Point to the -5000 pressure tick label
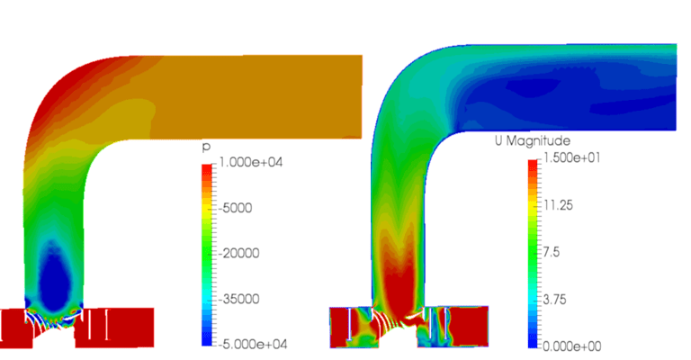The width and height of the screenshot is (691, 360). click(x=236, y=208)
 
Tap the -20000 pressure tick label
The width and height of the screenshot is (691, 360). click(x=239, y=253)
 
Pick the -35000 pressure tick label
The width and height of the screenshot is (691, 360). click(x=239, y=298)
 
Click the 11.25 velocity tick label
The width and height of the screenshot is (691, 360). click(x=555, y=206)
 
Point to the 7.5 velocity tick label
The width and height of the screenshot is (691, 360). click(x=550, y=252)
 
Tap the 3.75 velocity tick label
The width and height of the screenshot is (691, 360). click(x=552, y=297)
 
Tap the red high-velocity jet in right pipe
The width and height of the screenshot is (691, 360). click(x=397, y=279)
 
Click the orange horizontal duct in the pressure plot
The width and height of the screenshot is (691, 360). click(x=261, y=94)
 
